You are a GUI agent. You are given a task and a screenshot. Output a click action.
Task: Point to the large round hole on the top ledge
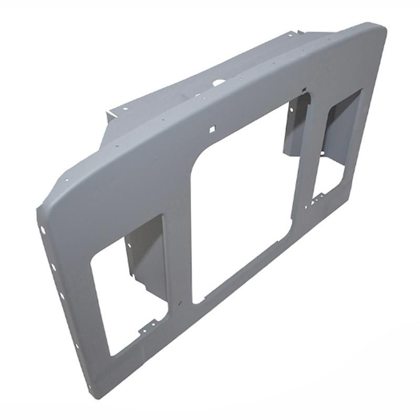point(218,82)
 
